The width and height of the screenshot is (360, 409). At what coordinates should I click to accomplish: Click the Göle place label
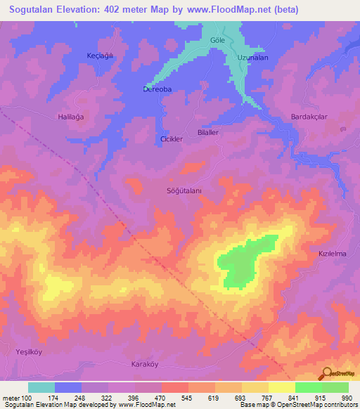[217, 40]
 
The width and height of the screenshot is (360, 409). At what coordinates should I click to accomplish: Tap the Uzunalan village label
[252, 58]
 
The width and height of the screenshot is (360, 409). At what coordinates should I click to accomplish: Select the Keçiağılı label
[100, 56]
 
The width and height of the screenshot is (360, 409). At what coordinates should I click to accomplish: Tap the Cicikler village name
[172, 139]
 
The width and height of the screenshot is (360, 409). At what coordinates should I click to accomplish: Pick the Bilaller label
[208, 132]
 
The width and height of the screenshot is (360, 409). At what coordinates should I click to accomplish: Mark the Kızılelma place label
[333, 254]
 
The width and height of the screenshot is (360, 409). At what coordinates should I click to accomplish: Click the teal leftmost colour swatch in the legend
[41, 387]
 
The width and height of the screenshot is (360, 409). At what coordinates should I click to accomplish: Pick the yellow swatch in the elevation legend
[282, 387]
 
